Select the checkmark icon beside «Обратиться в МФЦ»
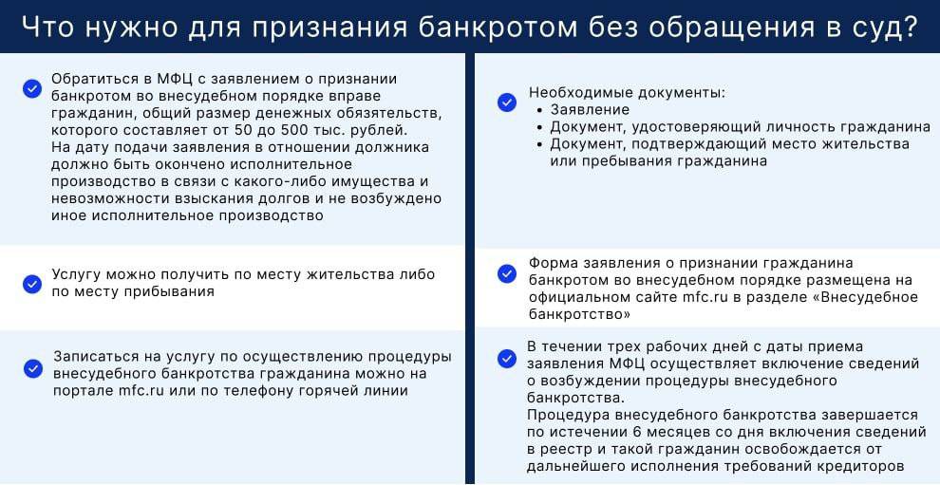(x=32, y=88)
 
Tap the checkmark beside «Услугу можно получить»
(x=32, y=283)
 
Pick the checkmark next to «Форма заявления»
(x=507, y=273)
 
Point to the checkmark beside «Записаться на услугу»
(x=32, y=368)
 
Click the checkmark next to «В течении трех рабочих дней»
(x=507, y=358)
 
